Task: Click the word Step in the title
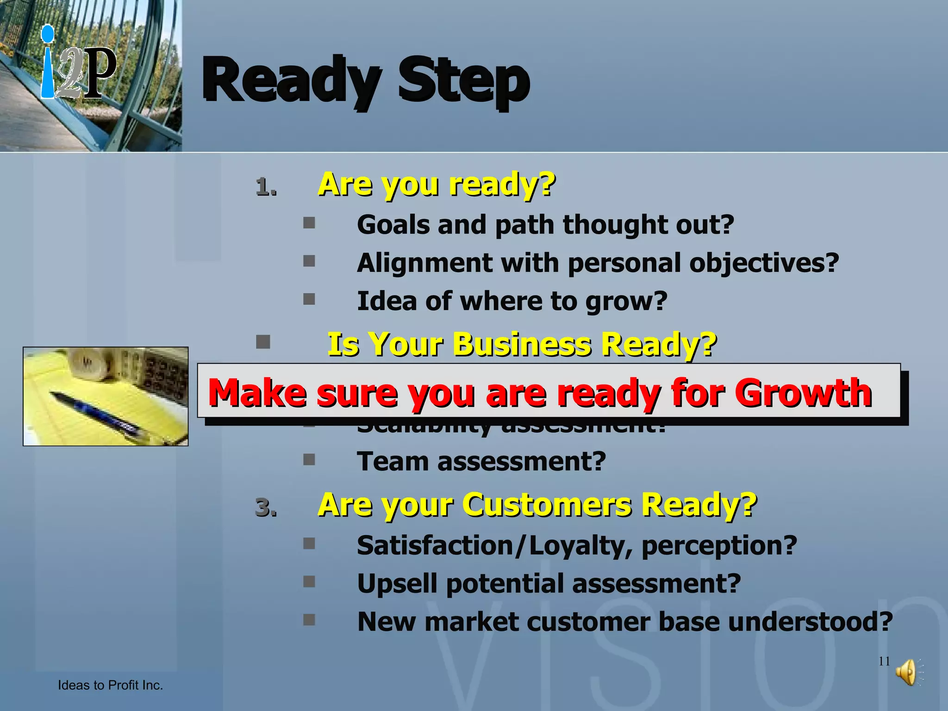click(464, 81)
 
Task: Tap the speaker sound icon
click(906, 672)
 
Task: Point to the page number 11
click(884, 661)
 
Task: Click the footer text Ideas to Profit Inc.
click(110, 685)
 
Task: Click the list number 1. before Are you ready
click(266, 187)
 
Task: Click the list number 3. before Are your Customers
click(266, 507)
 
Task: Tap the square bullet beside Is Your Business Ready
click(263, 342)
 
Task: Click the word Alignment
click(424, 263)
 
